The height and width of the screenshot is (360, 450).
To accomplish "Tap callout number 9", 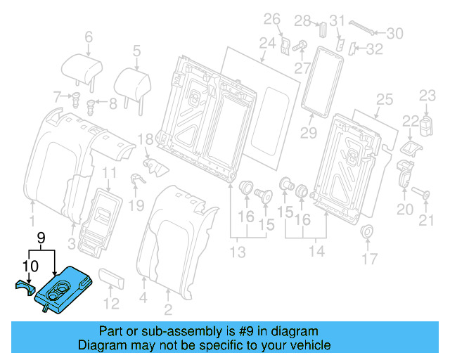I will (41, 238).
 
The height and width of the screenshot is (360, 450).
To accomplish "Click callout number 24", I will (266, 44).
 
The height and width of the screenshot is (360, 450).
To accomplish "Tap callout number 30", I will (394, 32).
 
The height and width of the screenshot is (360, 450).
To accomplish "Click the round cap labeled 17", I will (366, 233).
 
